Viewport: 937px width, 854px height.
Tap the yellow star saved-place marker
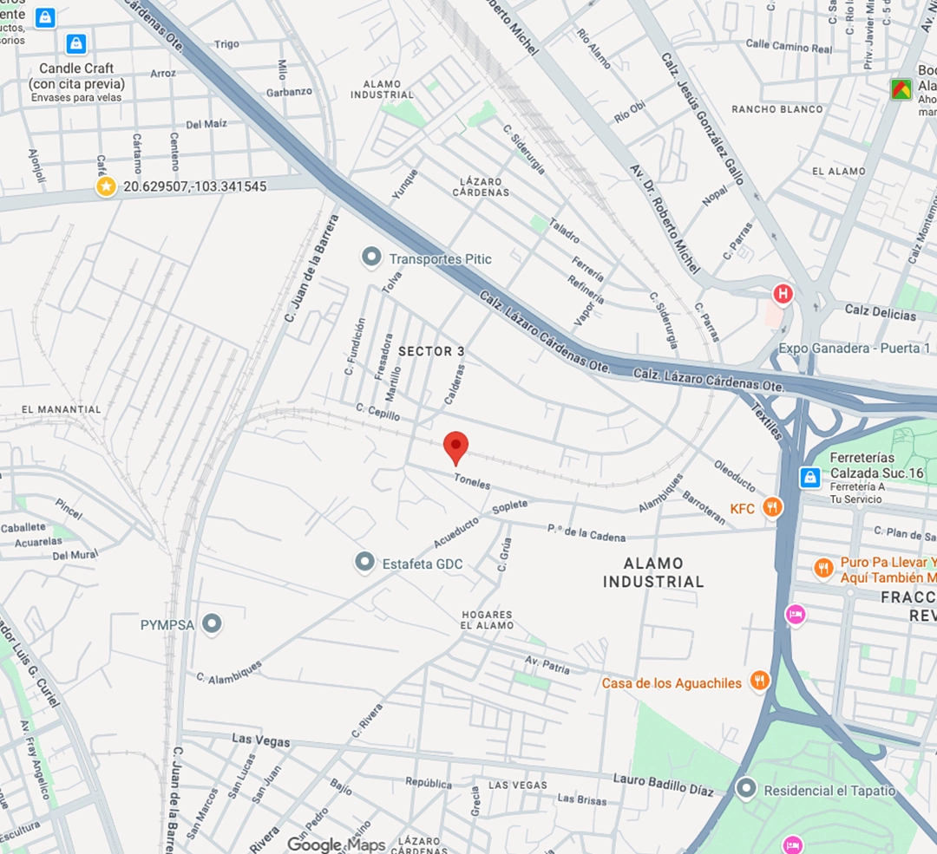tap(106, 186)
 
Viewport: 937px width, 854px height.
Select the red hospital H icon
tap(783, 295)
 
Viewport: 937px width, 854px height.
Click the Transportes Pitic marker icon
tap(371, 258)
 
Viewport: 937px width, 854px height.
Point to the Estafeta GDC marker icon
tap(365, 563)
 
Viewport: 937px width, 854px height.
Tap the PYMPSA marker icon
tap(212, 623)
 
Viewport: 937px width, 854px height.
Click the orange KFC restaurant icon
tap(771, 507)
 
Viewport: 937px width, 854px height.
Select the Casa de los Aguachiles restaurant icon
tap(760, 681)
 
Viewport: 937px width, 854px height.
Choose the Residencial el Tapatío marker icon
tap(746, 789)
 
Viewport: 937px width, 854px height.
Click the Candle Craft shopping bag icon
tap(76, 43)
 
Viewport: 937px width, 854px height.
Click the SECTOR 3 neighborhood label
tap(426, 351)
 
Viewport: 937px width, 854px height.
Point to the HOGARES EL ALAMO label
tap(487, 620)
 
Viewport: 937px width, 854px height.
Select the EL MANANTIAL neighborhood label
tap(62, 409)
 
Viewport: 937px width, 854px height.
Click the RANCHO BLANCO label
tap(777, 109)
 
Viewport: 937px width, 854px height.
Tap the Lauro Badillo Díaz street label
tap(663, 784)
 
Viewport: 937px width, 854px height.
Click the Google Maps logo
tap(336, 844)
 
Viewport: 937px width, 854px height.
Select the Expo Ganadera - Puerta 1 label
tap(855, 349)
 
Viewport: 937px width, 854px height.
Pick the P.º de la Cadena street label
tap(586, 532)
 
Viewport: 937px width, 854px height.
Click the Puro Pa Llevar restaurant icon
tap(823, 568)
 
